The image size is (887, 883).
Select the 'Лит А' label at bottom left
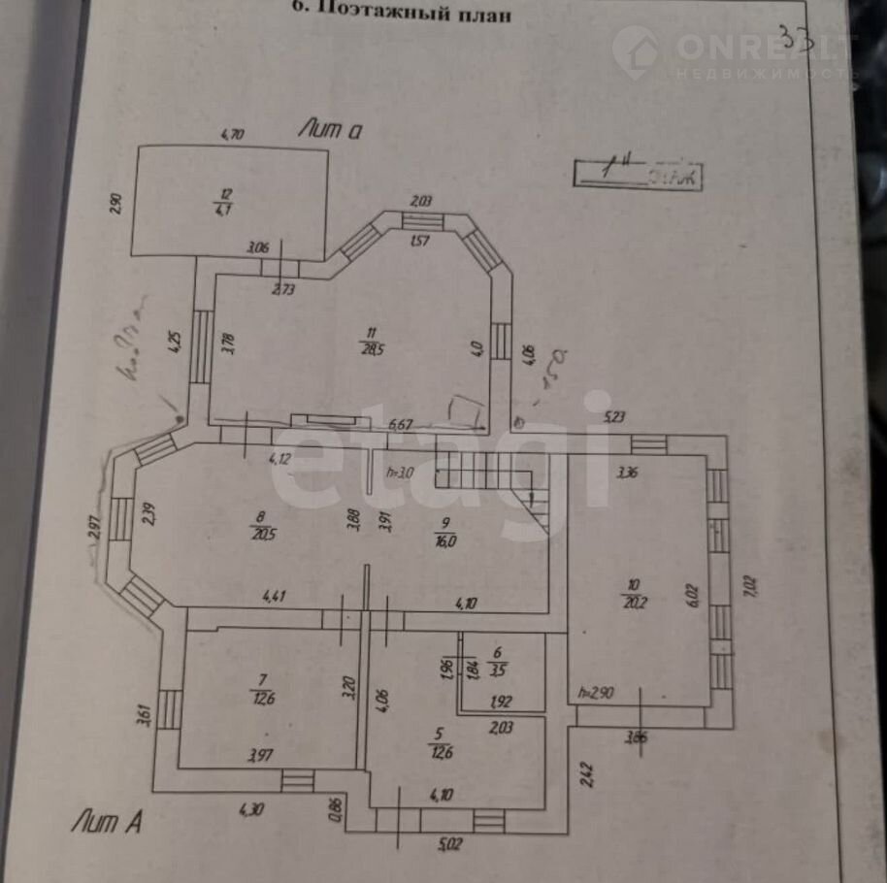107,823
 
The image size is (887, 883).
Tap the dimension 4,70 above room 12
231,136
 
